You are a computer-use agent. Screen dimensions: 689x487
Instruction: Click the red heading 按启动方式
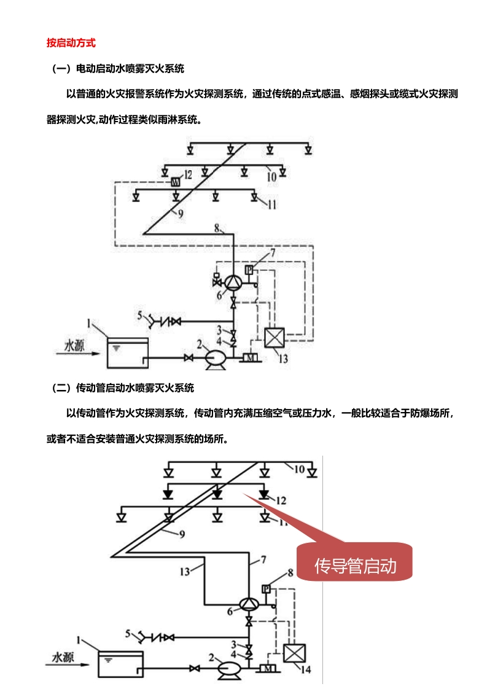pos(71,43)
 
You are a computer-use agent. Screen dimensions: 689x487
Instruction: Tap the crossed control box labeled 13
pos(273,337)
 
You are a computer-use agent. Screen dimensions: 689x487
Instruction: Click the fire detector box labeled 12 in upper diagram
pos(175,181)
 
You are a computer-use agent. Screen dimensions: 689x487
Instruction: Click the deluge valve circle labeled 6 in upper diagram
pos(233,282)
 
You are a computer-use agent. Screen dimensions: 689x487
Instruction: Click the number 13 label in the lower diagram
pos(186,570)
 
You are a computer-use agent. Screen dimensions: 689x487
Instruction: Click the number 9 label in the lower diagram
pos(182,533)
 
